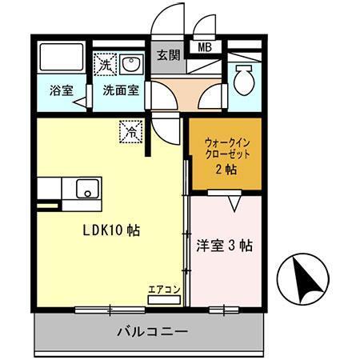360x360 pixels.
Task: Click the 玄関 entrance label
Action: (x=168, y=55)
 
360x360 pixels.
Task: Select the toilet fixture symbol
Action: (x=244, y=78)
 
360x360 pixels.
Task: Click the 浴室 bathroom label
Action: (x=62, y=90)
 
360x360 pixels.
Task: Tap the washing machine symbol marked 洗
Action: (x=104, y=63)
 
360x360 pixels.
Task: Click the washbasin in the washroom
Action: (x=131, y=63)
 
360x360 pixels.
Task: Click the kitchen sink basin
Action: (x=85, y=190)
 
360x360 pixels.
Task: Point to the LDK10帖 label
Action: (x=112, y=230)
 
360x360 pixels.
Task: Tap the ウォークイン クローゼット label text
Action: (x=225, y=146)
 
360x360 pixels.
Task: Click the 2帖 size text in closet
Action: (x=225, y=170)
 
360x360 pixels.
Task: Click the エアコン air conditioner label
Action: (x=163, y=290)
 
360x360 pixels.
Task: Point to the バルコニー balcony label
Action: (x=153, y=330)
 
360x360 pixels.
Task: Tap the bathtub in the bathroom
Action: (x=62, y=58)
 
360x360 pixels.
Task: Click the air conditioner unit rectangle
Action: (x=163, y=300)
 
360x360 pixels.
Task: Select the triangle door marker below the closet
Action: (x=234, y=204)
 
